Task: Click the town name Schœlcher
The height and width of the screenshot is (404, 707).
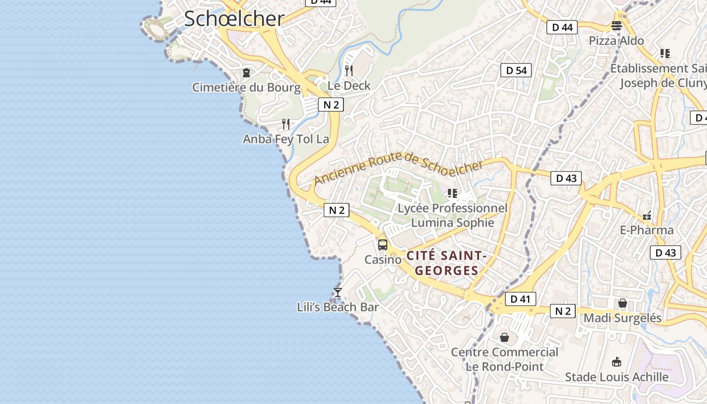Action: click(234, 19)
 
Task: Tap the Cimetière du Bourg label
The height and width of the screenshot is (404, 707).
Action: click(246, 87)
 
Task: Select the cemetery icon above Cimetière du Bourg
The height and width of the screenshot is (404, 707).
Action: click(246, 73)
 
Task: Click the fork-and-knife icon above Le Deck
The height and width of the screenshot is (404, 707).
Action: click(349, 70)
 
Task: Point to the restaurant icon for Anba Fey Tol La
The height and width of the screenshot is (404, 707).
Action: click(286, 124)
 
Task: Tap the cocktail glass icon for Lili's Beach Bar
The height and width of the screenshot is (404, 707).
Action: click(338, 292)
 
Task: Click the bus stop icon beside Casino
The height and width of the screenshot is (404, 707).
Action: click(383, 245)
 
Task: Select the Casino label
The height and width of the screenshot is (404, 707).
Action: click(383, 260)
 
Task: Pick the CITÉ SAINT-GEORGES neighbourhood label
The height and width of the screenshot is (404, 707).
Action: click(446, 263)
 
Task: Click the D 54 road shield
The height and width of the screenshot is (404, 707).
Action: click(517, 70)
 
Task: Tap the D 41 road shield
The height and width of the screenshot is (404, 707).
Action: click(520, 299)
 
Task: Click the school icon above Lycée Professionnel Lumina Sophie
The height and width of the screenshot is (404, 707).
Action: click(452, 193)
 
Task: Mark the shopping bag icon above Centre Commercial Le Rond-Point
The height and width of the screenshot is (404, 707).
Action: click(504, 337)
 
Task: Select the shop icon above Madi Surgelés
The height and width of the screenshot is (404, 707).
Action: click(623, 303)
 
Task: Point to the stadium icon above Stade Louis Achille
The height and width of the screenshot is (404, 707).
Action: click(616, 362)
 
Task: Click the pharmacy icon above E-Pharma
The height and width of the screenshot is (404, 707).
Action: click(647, 216)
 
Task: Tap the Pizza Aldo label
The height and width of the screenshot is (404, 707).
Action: click(617, 41)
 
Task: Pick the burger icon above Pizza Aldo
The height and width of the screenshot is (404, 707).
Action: click(617, 26)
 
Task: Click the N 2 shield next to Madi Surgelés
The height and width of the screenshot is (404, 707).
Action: click(563, 311)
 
